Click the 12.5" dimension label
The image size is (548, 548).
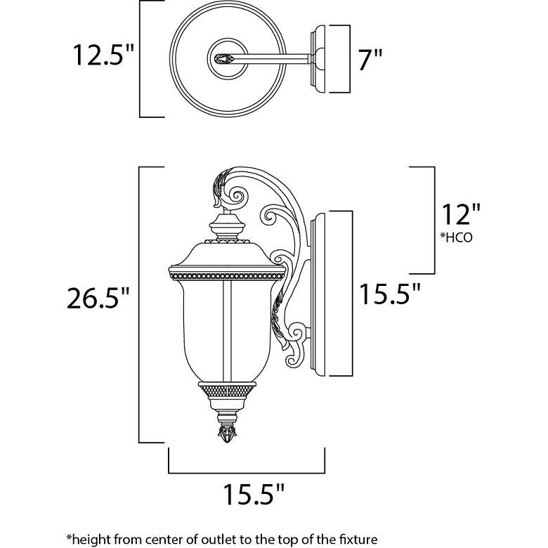(103, 56)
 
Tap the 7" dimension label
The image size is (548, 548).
(370, 60)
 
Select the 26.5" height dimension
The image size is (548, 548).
(98, 298)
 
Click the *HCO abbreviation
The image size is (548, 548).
(456, 237)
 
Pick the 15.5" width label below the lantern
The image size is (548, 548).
(254, 494)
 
